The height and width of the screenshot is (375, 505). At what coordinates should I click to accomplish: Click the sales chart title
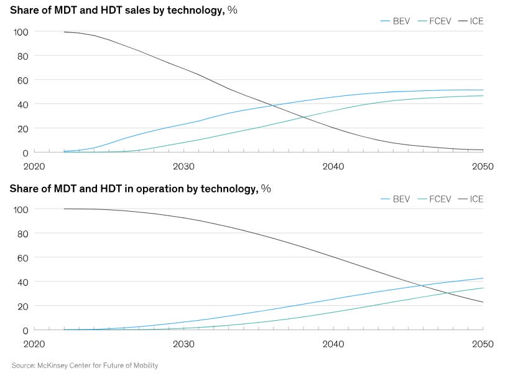pyautogui.click(x=124, y=9)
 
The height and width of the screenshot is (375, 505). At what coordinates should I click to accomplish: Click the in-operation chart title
pyautogui.click(x=140, y=187)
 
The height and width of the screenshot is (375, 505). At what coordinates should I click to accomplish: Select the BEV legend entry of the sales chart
pyautogui.click(x=395, y=21)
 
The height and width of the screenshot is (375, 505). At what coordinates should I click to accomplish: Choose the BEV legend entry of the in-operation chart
pyautogui.click(x=395, y=199)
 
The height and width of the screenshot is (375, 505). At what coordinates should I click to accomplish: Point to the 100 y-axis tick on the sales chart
pyautogui.click(x=20, y=32)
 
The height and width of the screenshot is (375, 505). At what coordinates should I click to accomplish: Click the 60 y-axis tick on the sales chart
pyautogui.click(x=22, y=80)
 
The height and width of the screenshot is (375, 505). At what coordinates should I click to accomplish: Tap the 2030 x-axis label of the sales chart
pyautogui.click(x=183, y=166)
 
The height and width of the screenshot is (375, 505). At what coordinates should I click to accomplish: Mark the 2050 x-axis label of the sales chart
pyautogui.click(x=483, y=166)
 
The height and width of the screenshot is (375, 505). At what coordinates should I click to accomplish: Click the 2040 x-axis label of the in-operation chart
pyautogui.click(x=333, y=344)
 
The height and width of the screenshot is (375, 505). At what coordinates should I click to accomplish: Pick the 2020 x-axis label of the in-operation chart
pyautogui.click(x=34, y=344)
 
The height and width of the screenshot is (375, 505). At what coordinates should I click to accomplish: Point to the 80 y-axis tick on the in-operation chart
pyautogui.click(x=22, y=234)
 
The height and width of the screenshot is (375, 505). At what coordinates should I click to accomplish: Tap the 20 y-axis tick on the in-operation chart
pyautogui.click(x=22, y=306)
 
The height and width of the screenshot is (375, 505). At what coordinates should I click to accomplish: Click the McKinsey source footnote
pyautogui.click(x=85, y=366)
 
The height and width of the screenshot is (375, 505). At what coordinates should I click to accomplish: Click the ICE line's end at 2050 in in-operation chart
pyautogui.click(x=483, y=302)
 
